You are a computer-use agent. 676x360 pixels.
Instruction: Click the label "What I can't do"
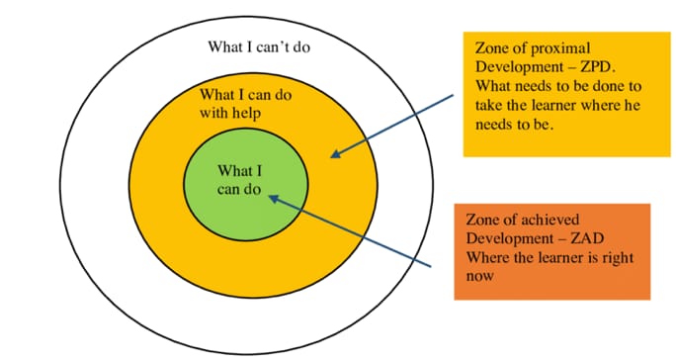click(x=266, y=46)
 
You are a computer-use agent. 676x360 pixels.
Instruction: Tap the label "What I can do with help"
click(x=249, y=104)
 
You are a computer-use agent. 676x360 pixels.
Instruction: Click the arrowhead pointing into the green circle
click(x=273, y=196)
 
